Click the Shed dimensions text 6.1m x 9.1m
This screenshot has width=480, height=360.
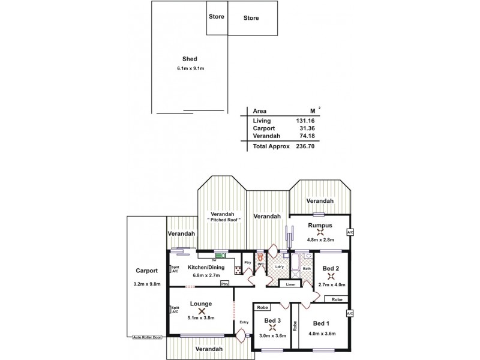pyautogui.click(x=190, y=69)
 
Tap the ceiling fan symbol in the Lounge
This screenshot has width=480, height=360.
pyautogui.click(x=200, y=311)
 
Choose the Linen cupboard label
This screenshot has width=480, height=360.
pyautogui.click(x=290, y=284)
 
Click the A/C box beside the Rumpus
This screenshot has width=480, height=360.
pyautogui.click(x=350, y=232)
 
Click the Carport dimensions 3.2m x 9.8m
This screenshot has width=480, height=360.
pyautogui.click(x=146, y=284)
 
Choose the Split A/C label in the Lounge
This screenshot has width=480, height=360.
pyautogui.click(x=175, y=310)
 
